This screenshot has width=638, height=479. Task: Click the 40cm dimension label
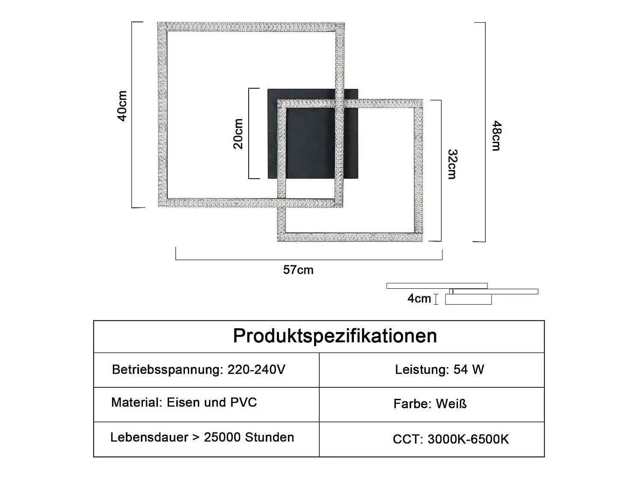pyautogui.click(x=122, y=106)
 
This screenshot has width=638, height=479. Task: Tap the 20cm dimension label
pyautogui.click(x=238, y=134)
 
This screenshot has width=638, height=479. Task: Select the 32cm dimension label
pyautogui.click(x=452, y=164)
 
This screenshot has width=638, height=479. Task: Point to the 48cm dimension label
pyautogui.click(x=496, y=135)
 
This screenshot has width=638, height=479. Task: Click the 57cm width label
pyautogui.click(x=298, y=270)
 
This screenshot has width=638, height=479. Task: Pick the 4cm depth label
pyautogui.click(x=419, y=298)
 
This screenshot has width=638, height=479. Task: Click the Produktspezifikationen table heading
pyautogui.click(x=335, y=335)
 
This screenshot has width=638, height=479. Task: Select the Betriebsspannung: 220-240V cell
pyautogui.click(x=199, y=369)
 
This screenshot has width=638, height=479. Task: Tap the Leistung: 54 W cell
pyautogui.click(x=439, y=369)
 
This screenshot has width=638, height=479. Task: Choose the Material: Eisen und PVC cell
pyautogui.click(x=184, y=402)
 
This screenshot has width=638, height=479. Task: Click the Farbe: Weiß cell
pyautogui.click(x=430, y=404)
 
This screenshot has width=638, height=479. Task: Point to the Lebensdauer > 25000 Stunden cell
pyautogui.click(x=202, y=437)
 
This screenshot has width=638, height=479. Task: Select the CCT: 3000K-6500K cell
pyautogui.click(x=451, y=439)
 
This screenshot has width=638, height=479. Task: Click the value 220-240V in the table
pyautogui.click(x=256, y=369)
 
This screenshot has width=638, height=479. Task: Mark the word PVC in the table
pyautogui.click(x=243, y=402)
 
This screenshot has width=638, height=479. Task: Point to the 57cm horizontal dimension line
pyautogui.click(x=309, y=260)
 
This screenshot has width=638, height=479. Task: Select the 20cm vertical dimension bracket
pyautogui.click(x=249, y=133)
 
